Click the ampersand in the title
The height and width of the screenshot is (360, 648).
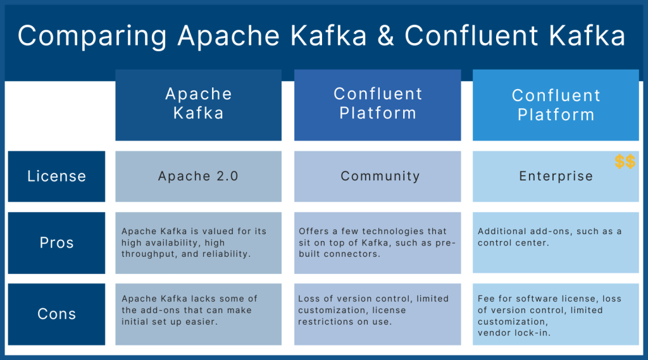[384, 36]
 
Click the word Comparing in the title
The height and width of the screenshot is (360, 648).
[92, 36]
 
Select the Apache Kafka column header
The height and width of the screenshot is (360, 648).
[198, 104]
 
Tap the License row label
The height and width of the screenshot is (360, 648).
[56, 177]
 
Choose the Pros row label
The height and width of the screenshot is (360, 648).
[56, 243]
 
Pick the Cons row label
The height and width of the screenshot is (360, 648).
[56, 314]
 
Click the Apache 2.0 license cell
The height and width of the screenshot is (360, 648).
[198, 177]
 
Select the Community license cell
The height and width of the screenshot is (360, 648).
[380, 177]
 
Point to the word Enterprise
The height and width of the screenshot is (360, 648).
[556, 177]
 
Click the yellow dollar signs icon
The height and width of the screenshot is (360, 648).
[625, 162]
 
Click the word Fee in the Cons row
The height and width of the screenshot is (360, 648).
[486, 299]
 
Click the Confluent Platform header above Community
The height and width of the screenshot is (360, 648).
[378, 104]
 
